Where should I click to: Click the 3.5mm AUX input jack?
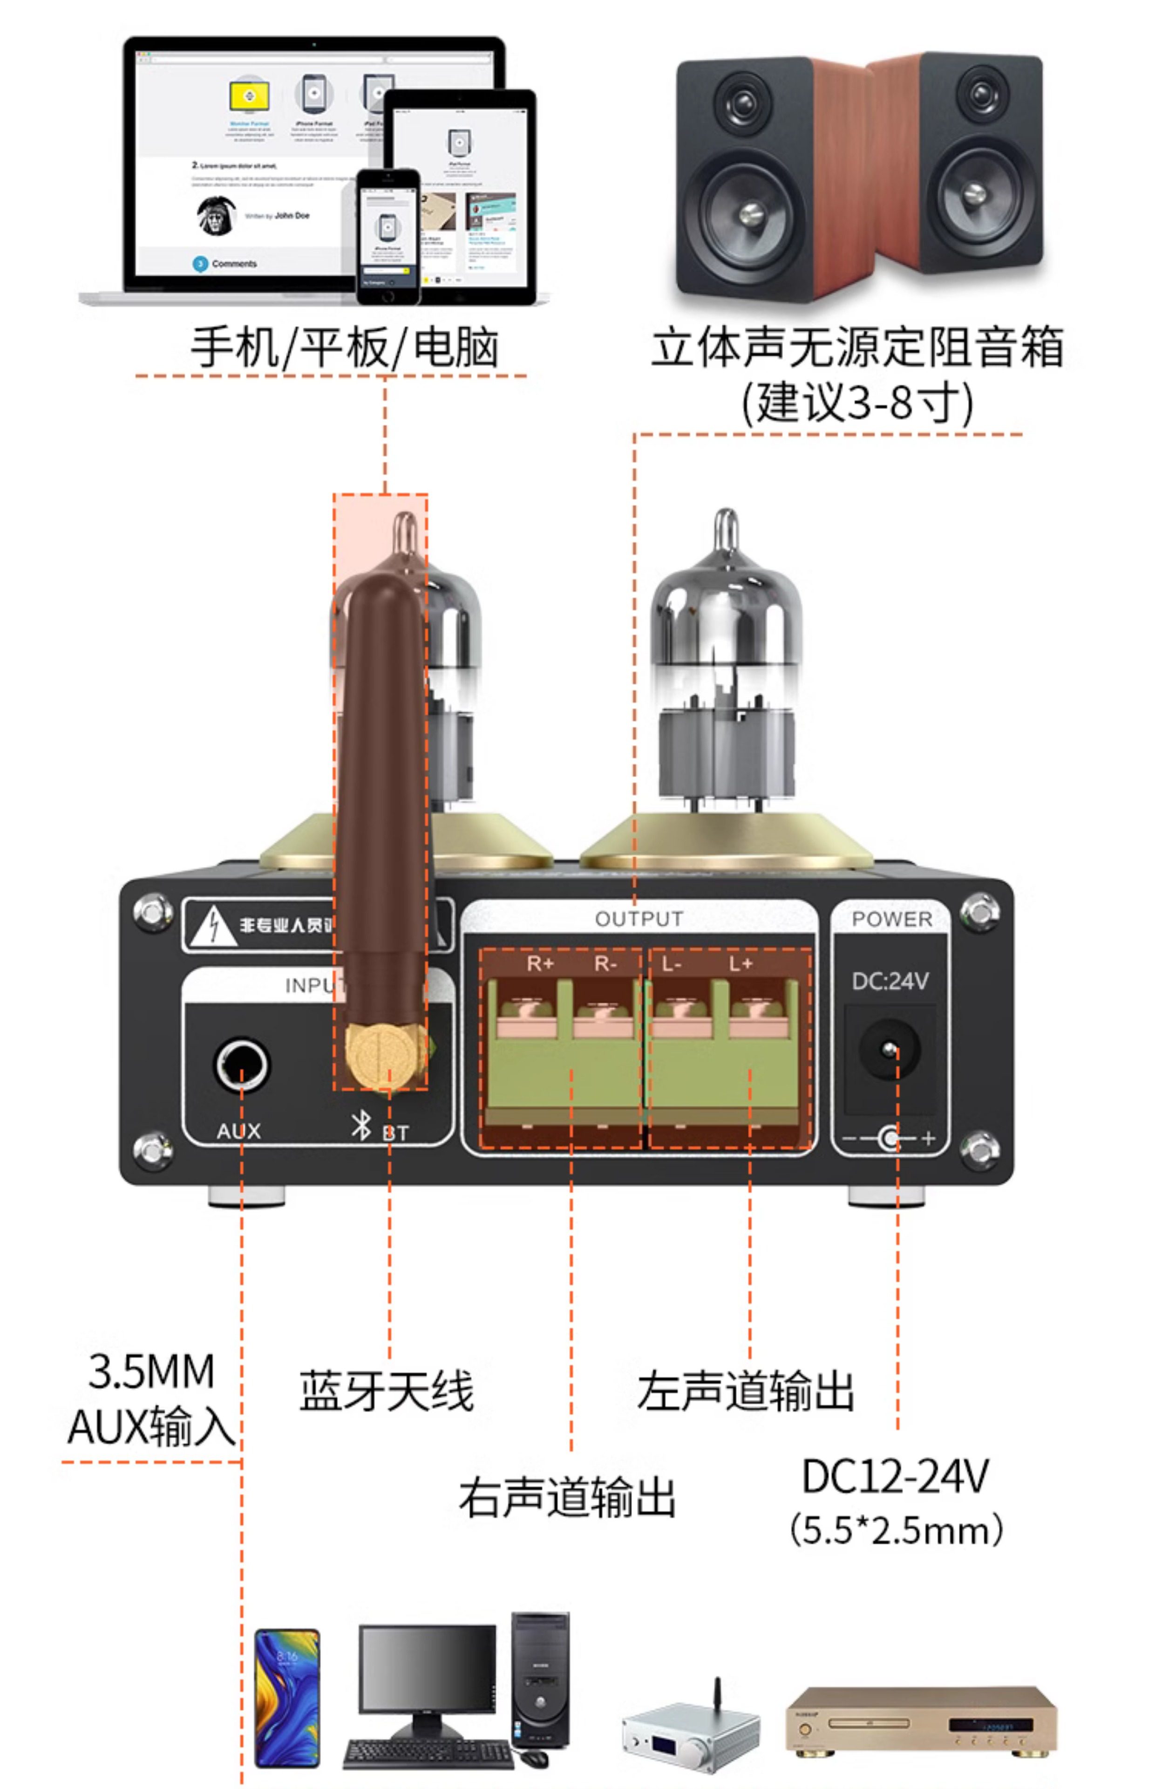(242, 1064)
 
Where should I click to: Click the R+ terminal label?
(540, 964)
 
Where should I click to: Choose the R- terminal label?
(605, 964)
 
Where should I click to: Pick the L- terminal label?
(671, 964)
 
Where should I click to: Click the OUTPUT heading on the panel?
(639, 919)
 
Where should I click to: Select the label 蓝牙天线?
(386, 1392)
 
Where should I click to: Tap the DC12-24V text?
(896, 1476)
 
